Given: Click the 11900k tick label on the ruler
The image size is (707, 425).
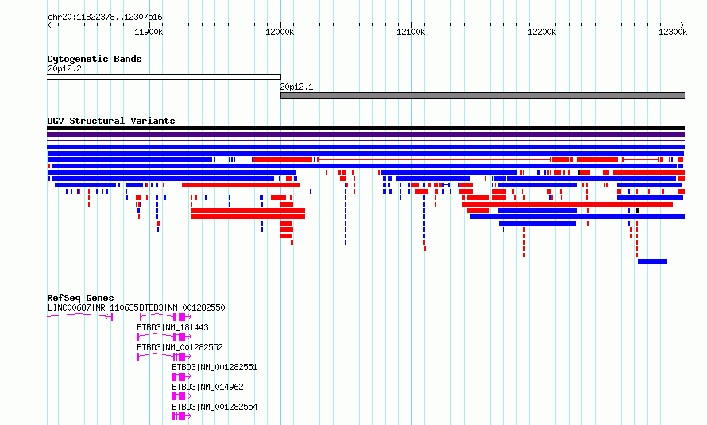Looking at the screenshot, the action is [x=149, y=32].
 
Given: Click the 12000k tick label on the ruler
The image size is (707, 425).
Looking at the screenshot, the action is [x=280, y=32].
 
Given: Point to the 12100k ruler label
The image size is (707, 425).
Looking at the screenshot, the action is [x=411, y=32].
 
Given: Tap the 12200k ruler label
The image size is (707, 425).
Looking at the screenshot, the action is [x=542, y=32].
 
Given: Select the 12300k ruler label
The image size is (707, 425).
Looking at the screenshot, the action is [x=673, y=32].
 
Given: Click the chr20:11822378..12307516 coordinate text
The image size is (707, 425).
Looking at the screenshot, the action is [x=105, y=17].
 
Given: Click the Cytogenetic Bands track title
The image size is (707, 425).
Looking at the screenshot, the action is [x=95, y=59].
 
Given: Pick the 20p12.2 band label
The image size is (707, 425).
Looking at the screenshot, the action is [x=64, y=68].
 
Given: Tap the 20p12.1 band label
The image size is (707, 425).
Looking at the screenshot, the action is [x=296, y=87].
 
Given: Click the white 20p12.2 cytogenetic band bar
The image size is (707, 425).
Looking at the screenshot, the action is [x=164, y=77].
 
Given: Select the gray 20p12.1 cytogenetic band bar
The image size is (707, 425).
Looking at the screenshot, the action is [x=482, y=95].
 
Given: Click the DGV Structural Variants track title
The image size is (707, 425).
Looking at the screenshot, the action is [x=111, y=121].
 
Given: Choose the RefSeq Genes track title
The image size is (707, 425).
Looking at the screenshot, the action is [x=80, y=298].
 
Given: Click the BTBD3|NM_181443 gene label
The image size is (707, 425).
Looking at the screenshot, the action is [x=172, y=327].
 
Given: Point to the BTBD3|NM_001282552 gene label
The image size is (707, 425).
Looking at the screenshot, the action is [x=180, y=347].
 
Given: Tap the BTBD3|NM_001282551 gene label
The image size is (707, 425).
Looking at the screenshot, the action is [x=214, y=367].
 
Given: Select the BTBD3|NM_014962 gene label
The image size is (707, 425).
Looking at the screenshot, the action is [x=207, y=387].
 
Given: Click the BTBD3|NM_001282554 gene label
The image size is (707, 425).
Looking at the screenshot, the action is [x=214, y=407].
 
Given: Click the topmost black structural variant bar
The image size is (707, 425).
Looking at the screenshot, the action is [x=365, y=128].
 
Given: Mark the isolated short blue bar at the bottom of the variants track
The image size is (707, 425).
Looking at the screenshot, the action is [x=652, y=261].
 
